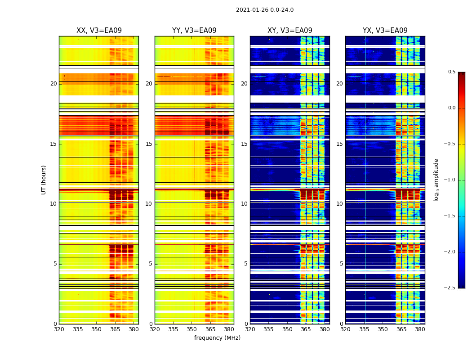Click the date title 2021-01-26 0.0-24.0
click(264, 10)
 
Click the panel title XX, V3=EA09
click(99, 31)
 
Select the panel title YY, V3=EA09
click(194, 31)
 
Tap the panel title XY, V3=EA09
click(289, 31)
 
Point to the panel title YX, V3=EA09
click(385, 31)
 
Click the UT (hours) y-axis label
click(44, 180)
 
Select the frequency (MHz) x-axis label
click(217, 338)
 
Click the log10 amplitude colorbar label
click(436, 180)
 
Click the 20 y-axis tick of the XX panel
click(53, 84)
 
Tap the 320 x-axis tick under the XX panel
click(59, 329)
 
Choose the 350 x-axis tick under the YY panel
click(192, 329)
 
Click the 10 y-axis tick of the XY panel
click(245, 204)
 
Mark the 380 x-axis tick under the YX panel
click(420, 329)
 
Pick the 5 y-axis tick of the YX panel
click(341, 264)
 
